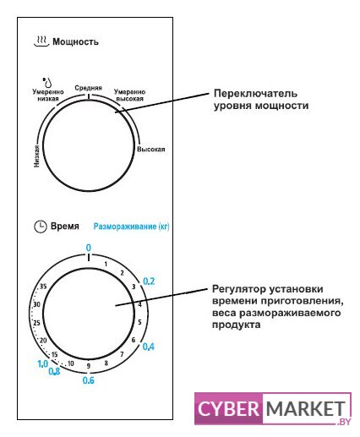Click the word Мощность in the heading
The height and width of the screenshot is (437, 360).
coord(75,41)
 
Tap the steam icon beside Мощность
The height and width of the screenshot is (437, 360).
coord(41,41)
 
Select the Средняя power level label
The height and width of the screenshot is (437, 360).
coord(88,88)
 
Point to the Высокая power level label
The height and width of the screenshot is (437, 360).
coord(150,149)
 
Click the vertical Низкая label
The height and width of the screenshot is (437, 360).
coord(36,156)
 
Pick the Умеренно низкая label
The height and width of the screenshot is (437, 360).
coord(48,96)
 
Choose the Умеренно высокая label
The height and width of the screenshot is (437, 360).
coord(129,96)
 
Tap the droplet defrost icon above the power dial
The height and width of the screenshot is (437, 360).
coord(47,82)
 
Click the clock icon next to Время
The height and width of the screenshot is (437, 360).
coord(41,227)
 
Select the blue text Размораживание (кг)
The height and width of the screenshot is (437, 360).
coord(131,227)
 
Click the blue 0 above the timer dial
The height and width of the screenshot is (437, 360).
coord(89,248)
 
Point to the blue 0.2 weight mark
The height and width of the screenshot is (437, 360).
coord(149,281)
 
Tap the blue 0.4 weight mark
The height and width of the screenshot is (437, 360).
coord(149,347)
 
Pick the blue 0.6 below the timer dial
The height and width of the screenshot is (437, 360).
coord(88,380)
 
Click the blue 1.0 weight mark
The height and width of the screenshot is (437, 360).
coord(43,363)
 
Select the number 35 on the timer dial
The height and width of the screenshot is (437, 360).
coord(43,287)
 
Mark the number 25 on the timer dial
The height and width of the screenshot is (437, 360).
coord(36,323)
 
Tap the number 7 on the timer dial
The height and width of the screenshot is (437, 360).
coord(122,354)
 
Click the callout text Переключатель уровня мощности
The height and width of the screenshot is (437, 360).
coord(261,100)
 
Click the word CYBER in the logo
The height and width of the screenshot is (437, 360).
coord(228,408)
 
